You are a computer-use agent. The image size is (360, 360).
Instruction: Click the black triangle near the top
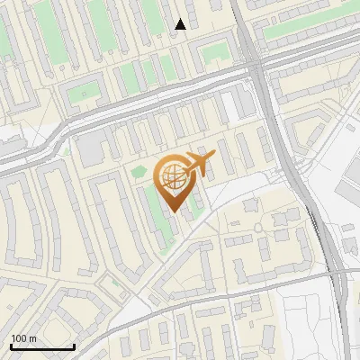tap(181, 24)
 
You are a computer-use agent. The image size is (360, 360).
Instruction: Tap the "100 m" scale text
tap(23, 337)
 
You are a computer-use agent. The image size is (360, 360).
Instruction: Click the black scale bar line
tap(42, 346)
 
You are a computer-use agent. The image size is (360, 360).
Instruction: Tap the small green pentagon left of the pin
tap(139, 172)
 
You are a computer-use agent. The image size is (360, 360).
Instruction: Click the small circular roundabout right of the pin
tap(258, 228)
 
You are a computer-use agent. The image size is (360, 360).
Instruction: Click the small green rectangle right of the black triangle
tap(214, 53)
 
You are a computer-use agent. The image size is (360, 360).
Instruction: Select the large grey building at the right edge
tap(350, 189)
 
